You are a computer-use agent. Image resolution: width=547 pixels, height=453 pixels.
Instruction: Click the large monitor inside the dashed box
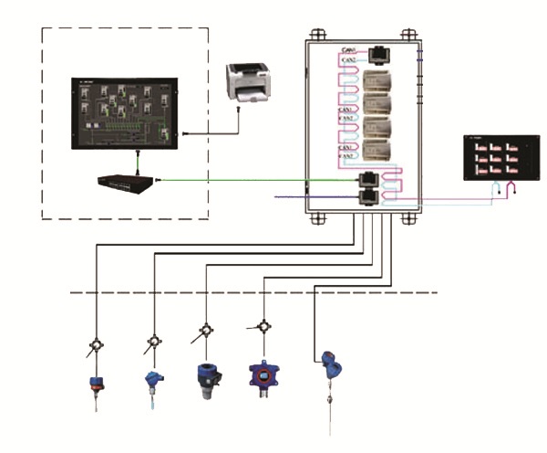127,113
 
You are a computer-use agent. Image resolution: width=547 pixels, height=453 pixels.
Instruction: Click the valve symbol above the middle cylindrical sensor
208,330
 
